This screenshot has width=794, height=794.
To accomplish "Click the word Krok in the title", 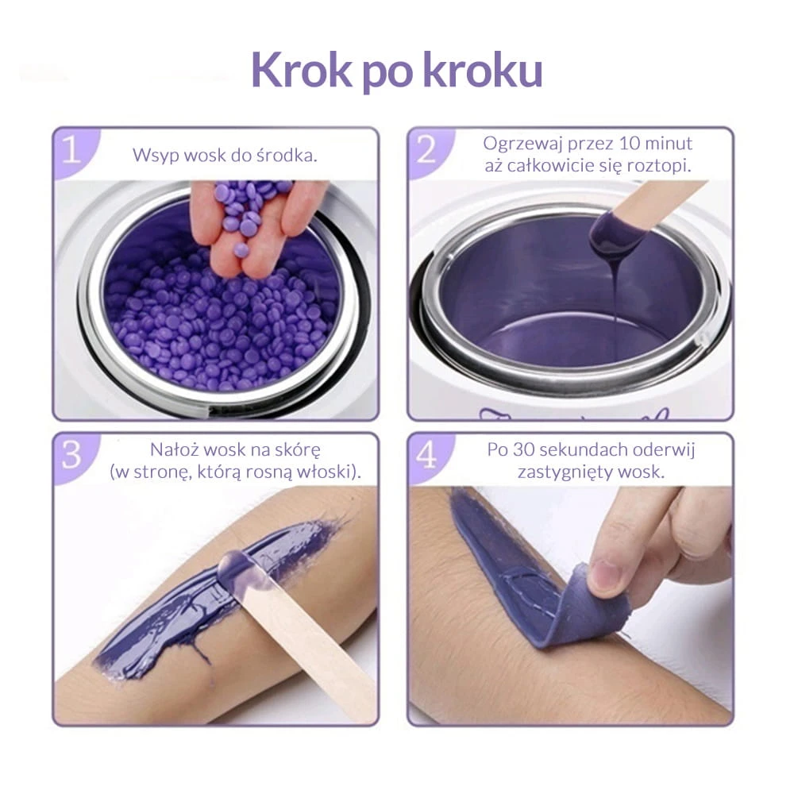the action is click(x=301, y=70).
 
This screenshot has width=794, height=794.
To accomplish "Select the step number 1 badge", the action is click(x=72, y=149).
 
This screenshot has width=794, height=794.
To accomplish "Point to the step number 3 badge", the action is click(x=72, y=455).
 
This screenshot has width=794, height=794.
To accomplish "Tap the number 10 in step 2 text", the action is click(x=630, y=143).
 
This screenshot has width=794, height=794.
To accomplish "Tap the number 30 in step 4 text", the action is click(x=522, y=449).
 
